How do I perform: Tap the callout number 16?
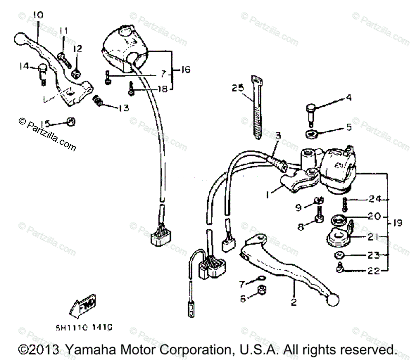[185, 70]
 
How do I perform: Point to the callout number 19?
[397, 223]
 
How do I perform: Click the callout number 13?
[123, 108]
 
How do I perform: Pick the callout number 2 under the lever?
[294, 302]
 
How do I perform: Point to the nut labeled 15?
[71, 122]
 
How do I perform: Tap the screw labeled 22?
[340, 267]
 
